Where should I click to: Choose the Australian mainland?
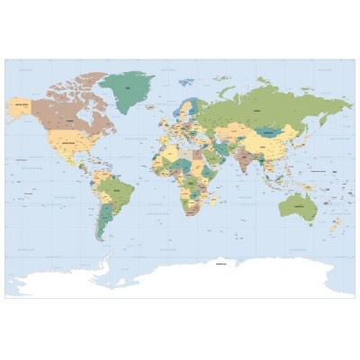pyautogui.click(x=296, y=208)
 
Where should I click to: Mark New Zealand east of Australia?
pyautogui.click(x=335, y=225)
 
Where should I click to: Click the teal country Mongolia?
pyautogui.click(x=269, y=130)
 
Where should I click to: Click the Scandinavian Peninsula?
pyautogui.click(x=184, y=111)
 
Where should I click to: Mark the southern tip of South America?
pyautogui.click(x=102, y=242)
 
